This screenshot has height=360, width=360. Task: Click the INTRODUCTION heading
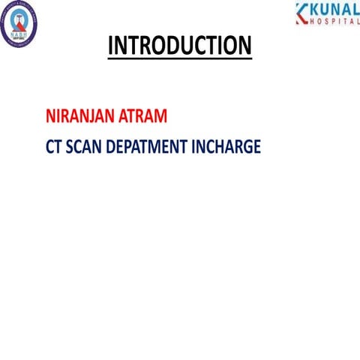click(x=180, y=46)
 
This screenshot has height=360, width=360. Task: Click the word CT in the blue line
click(x=53, y=146)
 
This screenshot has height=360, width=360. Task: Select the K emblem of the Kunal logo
click(x=301, y=13)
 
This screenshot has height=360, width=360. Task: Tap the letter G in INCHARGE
click(x=246, y=146)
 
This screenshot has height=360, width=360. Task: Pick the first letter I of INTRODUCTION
click(x=111, y=46)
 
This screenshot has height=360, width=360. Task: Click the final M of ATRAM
click(x=171, y=117)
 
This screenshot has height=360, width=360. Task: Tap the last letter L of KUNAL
click(x=355, y=10)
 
